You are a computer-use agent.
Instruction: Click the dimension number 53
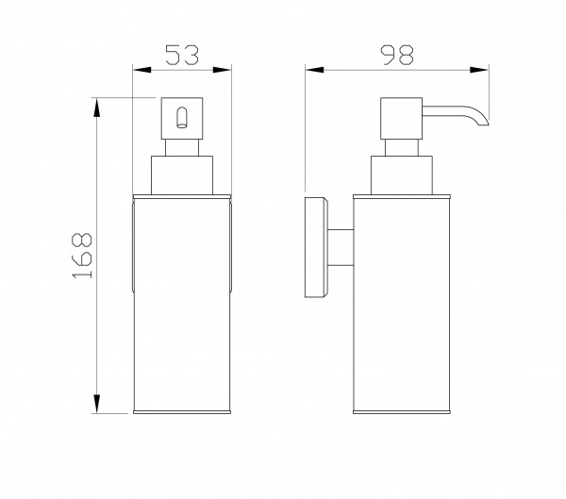coord(182,55)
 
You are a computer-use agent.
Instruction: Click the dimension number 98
coord(397,56)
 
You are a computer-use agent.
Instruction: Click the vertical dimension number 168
coord(83,256)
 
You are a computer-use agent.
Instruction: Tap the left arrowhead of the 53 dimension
coord(141,70)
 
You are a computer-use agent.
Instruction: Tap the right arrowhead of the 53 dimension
coord(222,70)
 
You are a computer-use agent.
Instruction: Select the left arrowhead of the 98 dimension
coord(314,70)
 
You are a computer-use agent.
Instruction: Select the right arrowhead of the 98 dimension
coord(479,70)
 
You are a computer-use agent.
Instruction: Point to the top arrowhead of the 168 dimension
coord(96,108)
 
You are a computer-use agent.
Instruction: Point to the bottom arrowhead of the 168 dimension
coord(96,404)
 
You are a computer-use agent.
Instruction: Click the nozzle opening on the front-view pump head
coord(181,117)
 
